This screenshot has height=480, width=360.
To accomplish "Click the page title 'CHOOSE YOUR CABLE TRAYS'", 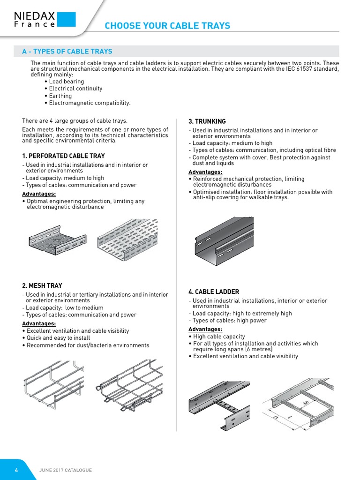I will [x=167, y=25].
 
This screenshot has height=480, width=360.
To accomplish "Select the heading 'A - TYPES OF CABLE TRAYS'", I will [x=67, y=51].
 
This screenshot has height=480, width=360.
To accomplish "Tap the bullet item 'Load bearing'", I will [x=66, y=82].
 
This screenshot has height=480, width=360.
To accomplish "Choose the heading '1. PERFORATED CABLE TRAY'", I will [x=63, y=156].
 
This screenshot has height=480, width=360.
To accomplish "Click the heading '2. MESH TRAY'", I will [x=42, y=285].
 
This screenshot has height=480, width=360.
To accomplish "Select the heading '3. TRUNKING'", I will [x=207, y=121].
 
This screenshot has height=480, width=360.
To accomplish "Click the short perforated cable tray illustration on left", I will [x=57, y=240].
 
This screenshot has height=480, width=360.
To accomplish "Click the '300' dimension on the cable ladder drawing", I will [x=306, y=403].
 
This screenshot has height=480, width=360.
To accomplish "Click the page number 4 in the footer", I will [x=16, y=470].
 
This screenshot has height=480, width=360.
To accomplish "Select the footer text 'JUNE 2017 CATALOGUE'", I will [x=65, y=470].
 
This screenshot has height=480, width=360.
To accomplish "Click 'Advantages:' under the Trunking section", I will [x=205, y=172].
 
